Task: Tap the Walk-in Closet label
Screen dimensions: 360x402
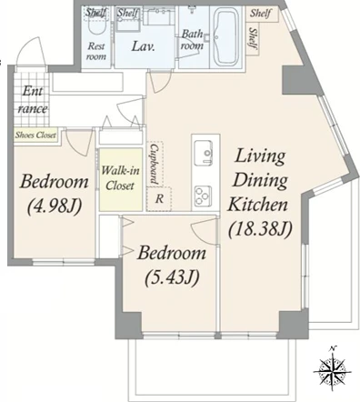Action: click(120, 178)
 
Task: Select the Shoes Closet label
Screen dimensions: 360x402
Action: click(35, 135)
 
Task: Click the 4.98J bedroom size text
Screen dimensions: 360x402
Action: click(55, 207)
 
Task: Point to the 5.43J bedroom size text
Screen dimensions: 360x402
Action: click(172, 277)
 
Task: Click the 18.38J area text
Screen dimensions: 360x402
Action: click(260, 229)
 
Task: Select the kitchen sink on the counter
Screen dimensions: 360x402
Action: click(203, 153)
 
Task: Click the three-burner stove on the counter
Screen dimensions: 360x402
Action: click(203, 196)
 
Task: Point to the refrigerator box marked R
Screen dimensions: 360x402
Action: click(159, 199)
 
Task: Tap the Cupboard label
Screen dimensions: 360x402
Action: click(155, 164)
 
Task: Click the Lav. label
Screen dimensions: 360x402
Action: click(144, 46)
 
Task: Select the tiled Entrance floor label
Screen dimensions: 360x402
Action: click(32, 100)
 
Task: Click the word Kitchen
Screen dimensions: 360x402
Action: click(257, 204)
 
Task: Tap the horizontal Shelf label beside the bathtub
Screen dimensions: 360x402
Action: click(260, 14)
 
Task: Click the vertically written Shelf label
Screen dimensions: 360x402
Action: click(253, 38)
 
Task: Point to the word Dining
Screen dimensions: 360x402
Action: click(260, 180)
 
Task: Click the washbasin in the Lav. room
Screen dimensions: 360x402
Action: click(158, 16)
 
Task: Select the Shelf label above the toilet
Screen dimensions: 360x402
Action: click(96, 13)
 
